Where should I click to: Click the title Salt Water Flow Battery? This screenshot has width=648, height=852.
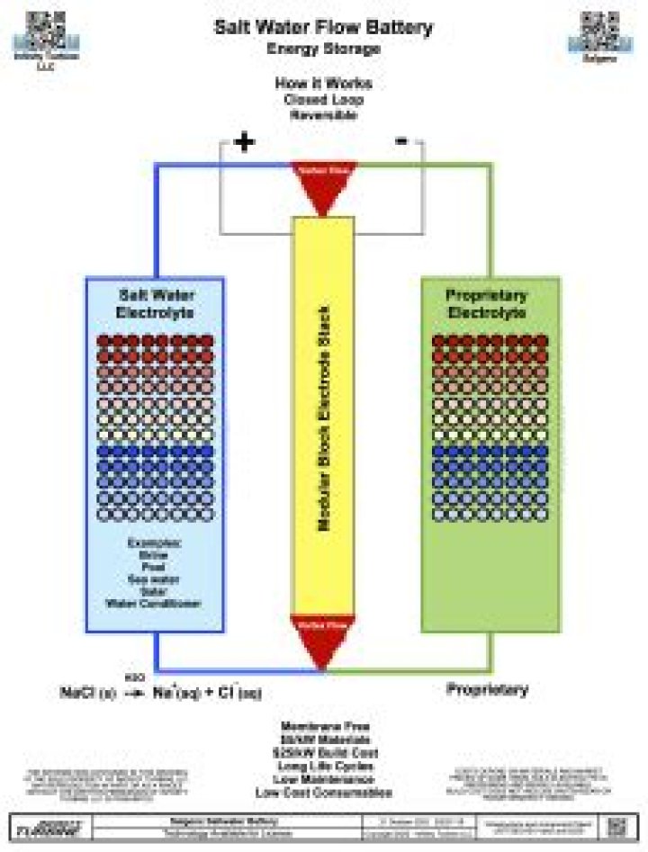[323, 27]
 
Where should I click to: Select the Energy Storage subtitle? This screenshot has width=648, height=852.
[323, 49]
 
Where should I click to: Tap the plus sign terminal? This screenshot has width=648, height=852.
[244, 141]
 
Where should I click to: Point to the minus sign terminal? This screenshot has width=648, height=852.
[401, 140]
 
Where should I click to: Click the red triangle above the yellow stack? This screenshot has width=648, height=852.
[322, 184]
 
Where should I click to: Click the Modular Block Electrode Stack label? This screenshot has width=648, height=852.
[323, 417]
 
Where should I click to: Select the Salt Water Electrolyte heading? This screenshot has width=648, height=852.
[155, 303]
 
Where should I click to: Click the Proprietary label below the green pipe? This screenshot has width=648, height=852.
[487, 689]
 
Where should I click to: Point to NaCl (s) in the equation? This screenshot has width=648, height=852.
[88, 693]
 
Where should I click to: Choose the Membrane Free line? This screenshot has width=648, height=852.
[323, 726]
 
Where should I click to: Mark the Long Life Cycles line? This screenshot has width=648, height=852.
[323, 766]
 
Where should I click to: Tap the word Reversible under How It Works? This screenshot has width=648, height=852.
[323, 114]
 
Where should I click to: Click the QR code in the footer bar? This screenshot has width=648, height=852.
[617, 827]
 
